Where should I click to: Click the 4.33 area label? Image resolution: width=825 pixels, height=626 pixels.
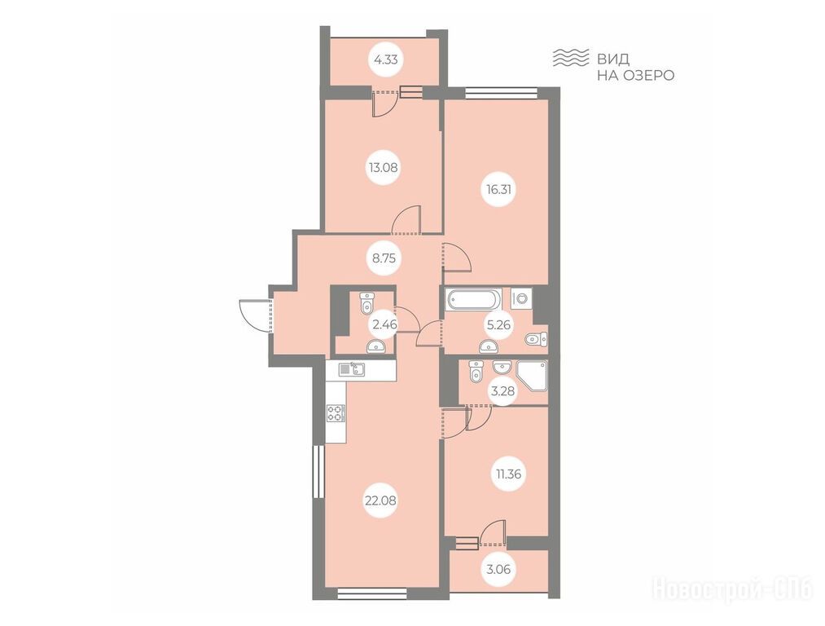coord(385,60)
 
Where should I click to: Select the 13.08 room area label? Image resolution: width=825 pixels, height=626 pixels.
coord(383,168)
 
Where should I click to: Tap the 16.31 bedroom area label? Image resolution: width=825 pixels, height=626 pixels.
coord(498,189)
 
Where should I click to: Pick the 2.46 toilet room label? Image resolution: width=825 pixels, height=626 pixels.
coord(384,325)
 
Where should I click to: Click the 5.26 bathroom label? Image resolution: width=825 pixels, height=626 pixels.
coord(498,325)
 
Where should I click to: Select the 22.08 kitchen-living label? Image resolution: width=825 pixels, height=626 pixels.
coord(380,500)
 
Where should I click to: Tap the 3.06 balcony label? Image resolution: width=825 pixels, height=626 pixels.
coord(497,569)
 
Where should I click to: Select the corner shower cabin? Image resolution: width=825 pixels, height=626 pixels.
coord(532,376)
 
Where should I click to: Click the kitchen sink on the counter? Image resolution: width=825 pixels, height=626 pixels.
coord(351,369)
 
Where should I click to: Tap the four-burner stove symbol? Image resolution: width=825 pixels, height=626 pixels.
coord(336,412)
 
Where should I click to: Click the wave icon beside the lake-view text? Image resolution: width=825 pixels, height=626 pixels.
coord(570,57)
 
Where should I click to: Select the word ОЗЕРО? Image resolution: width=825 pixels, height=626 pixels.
coord(649,75)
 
